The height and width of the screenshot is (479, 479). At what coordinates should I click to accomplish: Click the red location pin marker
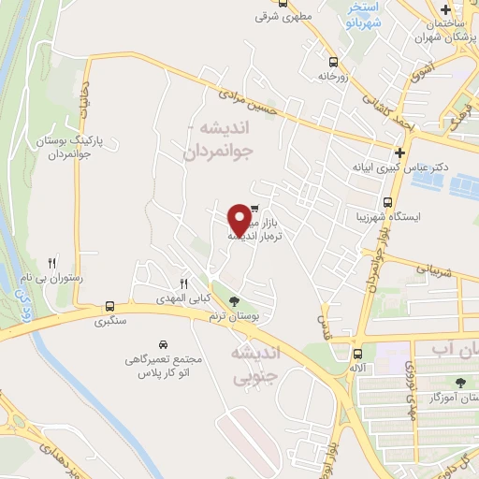point(239,219)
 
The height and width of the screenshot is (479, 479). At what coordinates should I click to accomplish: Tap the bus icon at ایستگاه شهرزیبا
point(387,202)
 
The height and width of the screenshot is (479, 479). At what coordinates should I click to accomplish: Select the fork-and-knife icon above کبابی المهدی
point(184,284)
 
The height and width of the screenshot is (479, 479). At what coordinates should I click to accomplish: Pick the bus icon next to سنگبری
point(110,306)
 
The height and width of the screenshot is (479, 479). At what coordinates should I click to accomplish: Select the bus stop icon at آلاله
point(357,354)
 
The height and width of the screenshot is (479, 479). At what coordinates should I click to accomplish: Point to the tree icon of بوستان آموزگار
point(459,382)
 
